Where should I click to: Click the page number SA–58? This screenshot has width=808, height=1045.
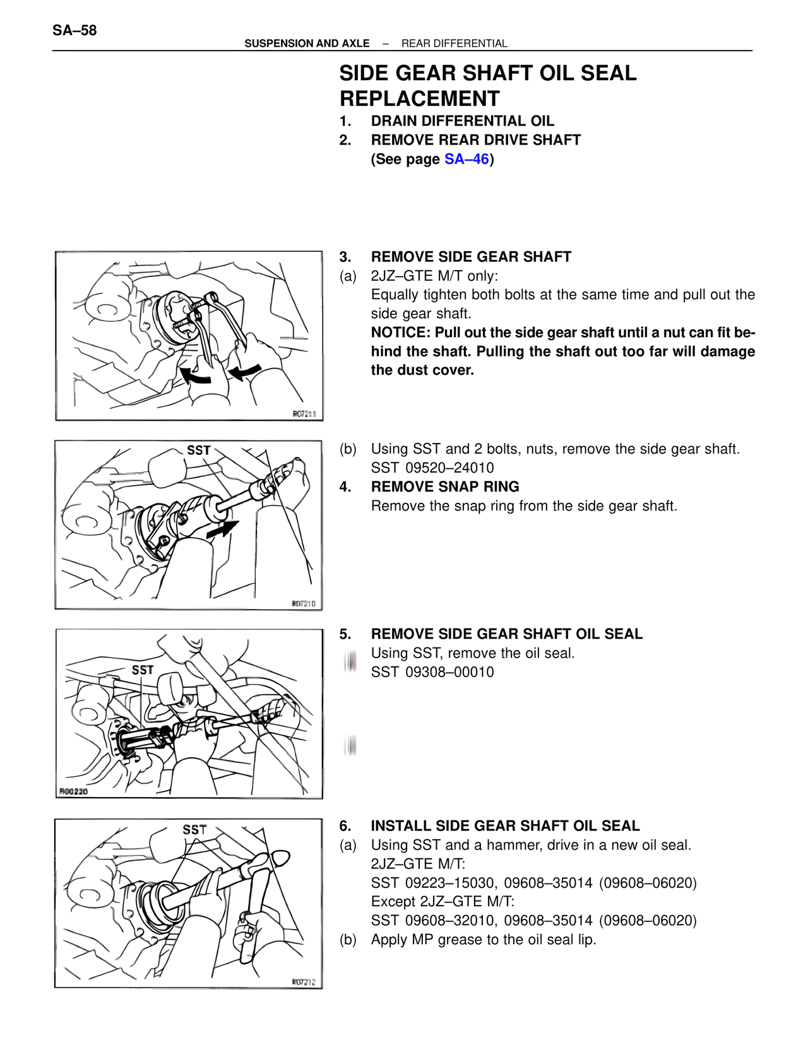74,30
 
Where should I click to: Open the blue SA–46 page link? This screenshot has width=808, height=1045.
466,159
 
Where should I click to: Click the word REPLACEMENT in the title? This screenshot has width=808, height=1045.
419,99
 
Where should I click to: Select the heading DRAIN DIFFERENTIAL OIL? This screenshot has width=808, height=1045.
462,121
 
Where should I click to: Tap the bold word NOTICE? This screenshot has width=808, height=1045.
400,333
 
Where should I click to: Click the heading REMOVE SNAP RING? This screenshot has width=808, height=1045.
445,487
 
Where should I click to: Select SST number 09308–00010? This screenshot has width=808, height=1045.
449,672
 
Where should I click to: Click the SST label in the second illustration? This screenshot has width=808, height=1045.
198,450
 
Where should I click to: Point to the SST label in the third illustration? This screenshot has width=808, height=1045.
143,670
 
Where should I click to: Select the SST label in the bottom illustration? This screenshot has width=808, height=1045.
194,829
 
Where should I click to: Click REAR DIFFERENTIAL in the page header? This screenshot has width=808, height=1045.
454,44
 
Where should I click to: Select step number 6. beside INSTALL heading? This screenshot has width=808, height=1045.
345,826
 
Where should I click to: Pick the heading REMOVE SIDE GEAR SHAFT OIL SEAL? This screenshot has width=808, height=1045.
506,634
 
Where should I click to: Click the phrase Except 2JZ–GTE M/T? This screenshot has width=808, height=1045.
443,902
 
